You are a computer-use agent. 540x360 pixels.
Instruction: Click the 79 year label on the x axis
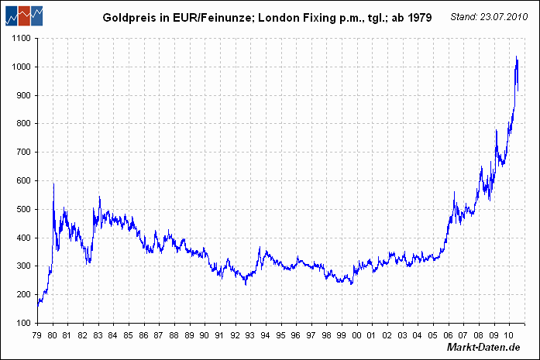(x=37, y=335)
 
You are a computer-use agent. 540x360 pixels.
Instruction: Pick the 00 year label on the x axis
(x=356, y=335)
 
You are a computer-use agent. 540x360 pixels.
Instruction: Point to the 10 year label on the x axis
(x=508, y=335)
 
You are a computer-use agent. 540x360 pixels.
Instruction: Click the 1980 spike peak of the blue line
(x=53, y=183)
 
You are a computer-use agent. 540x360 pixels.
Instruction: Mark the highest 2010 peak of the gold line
(x=517, y=57)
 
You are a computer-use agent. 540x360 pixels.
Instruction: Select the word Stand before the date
(x=464, y=16)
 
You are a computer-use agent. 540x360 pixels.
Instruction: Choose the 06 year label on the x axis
(x=448, y=335)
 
